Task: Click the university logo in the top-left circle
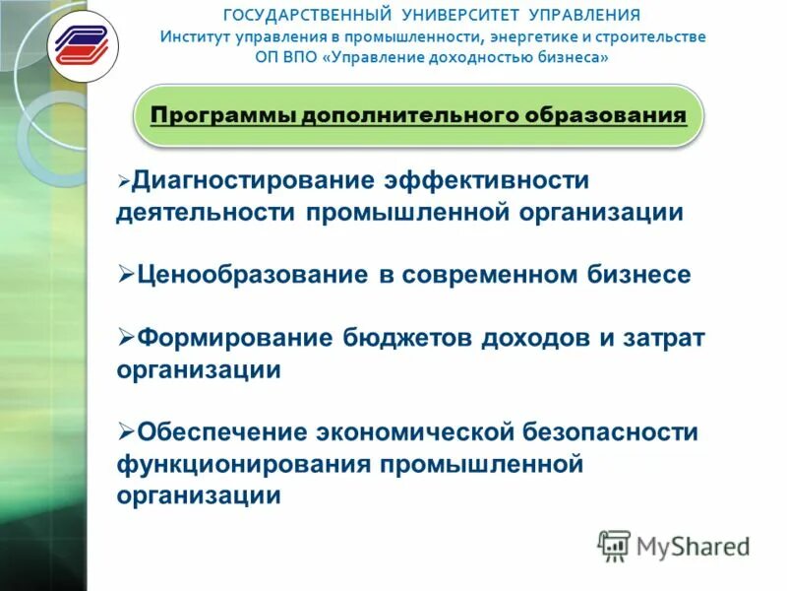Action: pyautogui.click(x=83, y=46)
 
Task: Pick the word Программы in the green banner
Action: pyautogui.click(x=222, y=116)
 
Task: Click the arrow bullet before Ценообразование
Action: pyautogui.click(x=125, y=274)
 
